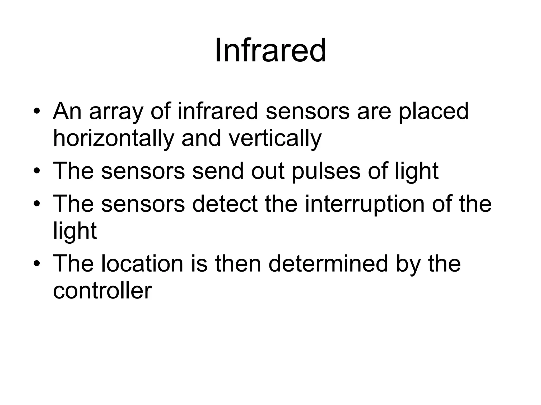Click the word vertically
(x=275, y=139)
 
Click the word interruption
(x=364, y=204)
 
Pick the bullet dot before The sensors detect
(x=37, y=204)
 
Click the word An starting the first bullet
(x=67, y=112)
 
